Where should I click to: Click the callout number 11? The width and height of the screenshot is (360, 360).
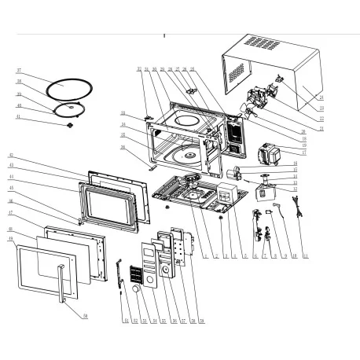(x=306, y=257)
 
